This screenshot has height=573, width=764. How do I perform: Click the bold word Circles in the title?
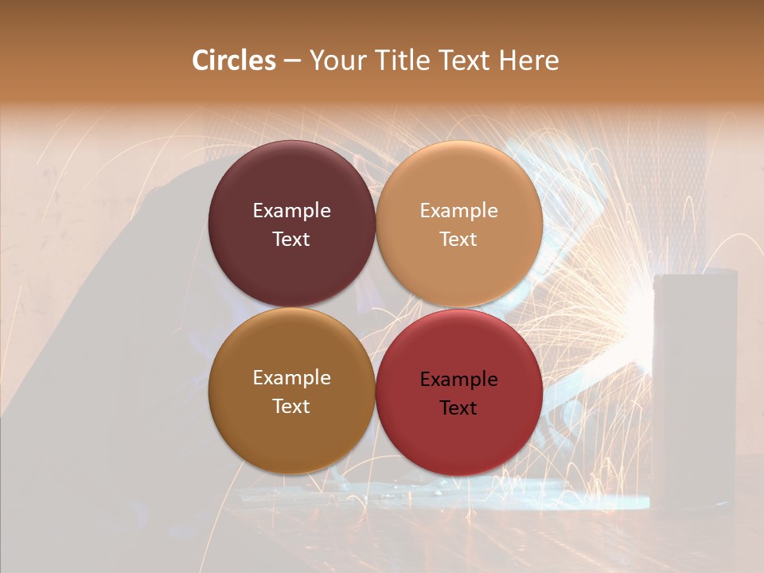[234, 60]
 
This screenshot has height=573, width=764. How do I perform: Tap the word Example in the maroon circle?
[291, 211]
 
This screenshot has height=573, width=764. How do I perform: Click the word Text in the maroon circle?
[291, 240]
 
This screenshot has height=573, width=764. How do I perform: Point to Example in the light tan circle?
[459, 211]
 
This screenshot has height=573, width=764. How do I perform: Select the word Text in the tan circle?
[459, 240]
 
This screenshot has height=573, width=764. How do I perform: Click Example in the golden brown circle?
[291, 378]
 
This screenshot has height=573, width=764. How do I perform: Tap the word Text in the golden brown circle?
[291, 407]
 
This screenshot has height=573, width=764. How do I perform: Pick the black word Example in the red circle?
[459, 380]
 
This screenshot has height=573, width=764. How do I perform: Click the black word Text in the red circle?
[459, 408]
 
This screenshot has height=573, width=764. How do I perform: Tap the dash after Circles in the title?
[292, 61]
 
